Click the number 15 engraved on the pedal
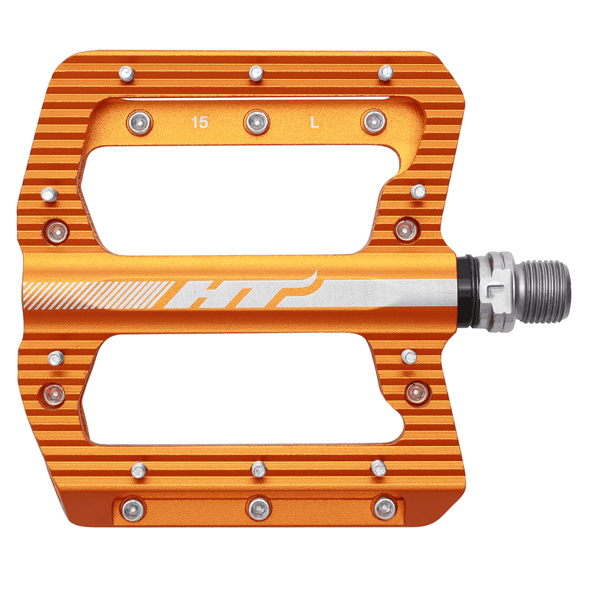point(199,122)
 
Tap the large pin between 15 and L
point(257,121)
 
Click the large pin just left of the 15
point(138,121)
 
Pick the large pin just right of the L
point(373,121)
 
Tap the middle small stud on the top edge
point(256,72)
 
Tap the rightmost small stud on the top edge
point(385,71)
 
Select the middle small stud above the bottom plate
point(258,468)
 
